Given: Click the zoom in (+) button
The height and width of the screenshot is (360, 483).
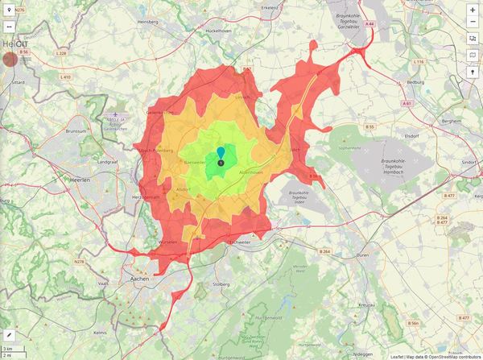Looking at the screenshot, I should pyautogui.click(x=472, y=10).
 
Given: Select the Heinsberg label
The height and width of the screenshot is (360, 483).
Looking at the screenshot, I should pyautogui.click(x=13, y=43).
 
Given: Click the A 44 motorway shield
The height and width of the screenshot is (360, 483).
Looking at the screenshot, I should pyautogui.click(x=369, y=25).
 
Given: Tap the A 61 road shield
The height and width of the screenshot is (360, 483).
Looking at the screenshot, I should pyautogui.click(x=408, y=103).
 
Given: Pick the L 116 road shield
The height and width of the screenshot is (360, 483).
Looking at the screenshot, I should pyautogui.click(x=418, y=61).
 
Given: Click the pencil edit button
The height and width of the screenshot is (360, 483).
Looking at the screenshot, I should pyautogui.click(x=10, y=333).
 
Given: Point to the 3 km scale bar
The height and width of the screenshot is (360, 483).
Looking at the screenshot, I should pyautogui.click(x=11, y=348).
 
